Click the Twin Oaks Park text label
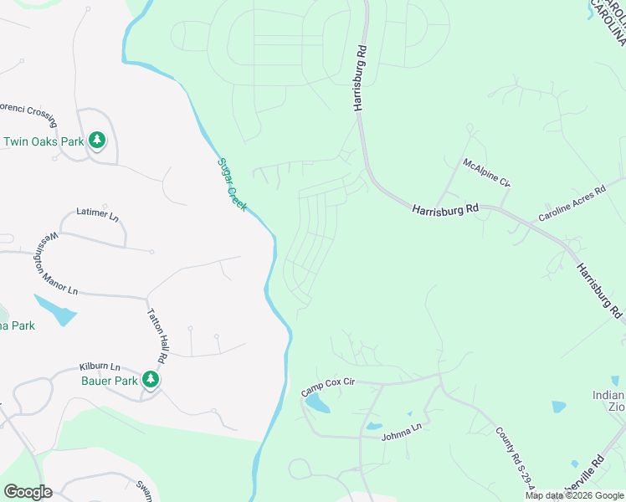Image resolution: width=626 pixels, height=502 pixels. tap(44, 141)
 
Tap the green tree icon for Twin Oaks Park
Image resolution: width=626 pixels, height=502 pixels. tap(98, 141)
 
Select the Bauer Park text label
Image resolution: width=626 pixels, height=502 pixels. tap(110, 381)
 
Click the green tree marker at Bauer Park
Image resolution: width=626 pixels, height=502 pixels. tap(151, 380)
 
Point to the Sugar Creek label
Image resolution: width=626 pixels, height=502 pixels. tap(232, 184)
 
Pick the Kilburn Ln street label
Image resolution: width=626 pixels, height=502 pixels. tap(100, 367)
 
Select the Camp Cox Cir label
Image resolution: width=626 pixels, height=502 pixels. tap(329, 387)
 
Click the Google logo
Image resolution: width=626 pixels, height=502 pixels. tap(28, 492)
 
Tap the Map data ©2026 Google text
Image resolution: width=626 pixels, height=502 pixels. tap(574, 495)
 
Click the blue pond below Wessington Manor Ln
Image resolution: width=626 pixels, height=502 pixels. tap(56, 310)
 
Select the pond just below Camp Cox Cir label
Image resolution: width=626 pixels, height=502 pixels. tap(317, 404)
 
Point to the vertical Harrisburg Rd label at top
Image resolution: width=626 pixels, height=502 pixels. tap(361, 78)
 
